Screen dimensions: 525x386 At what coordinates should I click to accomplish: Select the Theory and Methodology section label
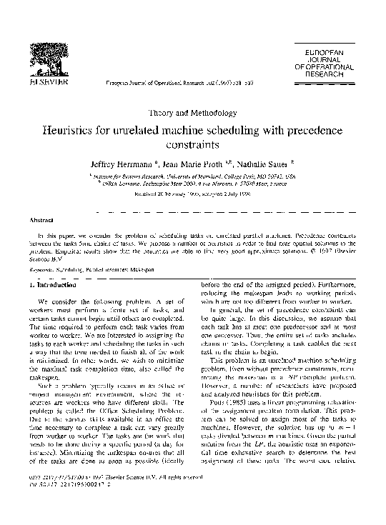point(192,113)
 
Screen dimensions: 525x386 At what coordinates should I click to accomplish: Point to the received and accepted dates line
point(192,191)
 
